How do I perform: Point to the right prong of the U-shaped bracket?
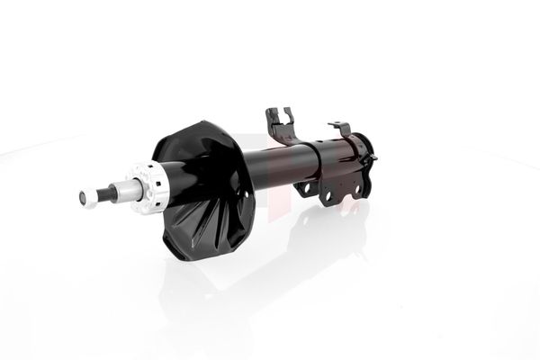click(x=290, y=115)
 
